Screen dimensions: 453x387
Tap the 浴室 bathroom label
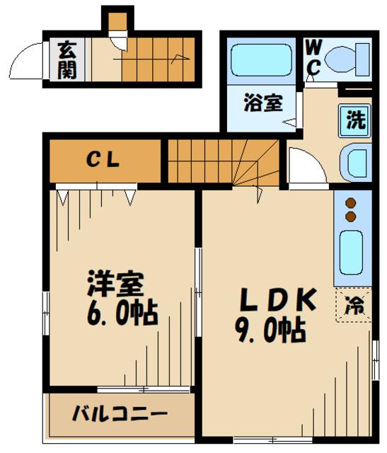[x=263, y=103]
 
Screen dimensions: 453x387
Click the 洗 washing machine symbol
[x=355, y=119]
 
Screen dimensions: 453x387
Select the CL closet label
[x=105, y=159]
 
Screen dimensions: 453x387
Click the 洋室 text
[x=116, y=285]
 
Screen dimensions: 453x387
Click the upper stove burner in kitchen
[x=350, y=203]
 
